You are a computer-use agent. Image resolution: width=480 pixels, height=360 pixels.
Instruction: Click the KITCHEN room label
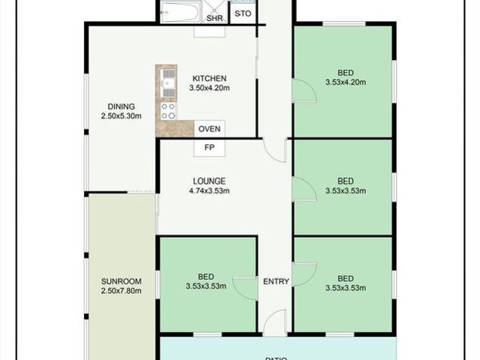coord(209,78)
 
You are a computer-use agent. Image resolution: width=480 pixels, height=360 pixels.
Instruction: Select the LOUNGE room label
coord(209,181)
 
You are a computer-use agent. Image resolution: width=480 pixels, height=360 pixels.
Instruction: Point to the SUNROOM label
coord(121,282)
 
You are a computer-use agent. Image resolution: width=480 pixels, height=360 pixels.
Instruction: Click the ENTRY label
coord(276,282)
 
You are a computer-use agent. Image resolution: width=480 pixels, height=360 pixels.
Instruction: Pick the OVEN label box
coord(209,129)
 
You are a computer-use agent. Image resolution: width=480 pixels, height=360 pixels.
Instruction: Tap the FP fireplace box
coord(209,148)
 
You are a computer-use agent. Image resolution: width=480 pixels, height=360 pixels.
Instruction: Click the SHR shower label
coord(214,17)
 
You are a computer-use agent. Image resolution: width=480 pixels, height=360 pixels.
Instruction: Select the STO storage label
coord(242,14)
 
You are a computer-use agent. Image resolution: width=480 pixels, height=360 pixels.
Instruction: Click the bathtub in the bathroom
coord(181,13)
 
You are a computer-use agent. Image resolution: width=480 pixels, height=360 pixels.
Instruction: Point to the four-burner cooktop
coord(167,111)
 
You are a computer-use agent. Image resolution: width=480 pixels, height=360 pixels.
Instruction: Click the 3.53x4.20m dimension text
coord(346,82)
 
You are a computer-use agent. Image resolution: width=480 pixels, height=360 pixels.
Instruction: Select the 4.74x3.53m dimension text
coord(209,190)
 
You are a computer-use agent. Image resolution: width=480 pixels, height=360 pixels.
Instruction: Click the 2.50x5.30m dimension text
coord(121,115)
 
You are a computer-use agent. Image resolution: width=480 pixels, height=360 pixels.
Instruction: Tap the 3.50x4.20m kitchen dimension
coord(209,88)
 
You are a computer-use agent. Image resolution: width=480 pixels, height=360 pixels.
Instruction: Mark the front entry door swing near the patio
coord(274,323)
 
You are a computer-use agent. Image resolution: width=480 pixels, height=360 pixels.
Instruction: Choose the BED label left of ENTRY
coord(206,276)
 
